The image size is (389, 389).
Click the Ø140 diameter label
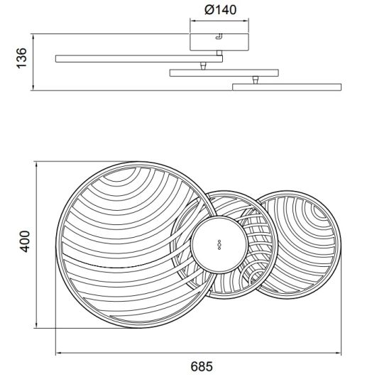[221, 10]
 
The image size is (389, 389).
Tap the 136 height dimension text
[21, 58]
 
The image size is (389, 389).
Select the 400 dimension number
[25, 241]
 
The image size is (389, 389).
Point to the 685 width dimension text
[202, 366]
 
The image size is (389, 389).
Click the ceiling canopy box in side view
[219, 42]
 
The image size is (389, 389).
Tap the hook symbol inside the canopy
[219, 36]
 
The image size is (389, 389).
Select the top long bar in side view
[139, 59]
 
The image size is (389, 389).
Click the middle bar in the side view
[224, 73]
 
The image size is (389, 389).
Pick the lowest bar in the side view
[287, 87]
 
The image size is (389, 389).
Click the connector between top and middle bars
[203, 66]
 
